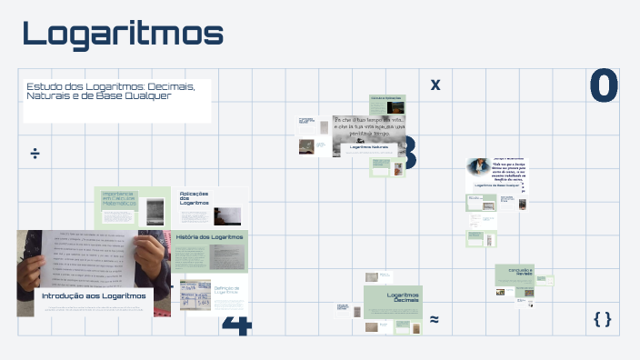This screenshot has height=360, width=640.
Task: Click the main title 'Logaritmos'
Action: [x=123, y=34]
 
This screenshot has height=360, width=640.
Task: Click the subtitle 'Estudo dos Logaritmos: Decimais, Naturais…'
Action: [x=110, y=91]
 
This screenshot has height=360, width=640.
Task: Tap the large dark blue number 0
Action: [x=604, y=86]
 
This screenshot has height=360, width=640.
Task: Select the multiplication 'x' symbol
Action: [x=435, y=85]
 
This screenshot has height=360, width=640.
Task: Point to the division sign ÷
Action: [x=35, y=153]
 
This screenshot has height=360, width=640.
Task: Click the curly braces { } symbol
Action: [x=602, y=318]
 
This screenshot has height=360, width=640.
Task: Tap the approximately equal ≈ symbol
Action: [x=435, y=320]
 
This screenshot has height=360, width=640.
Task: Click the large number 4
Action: [x=236, y=325]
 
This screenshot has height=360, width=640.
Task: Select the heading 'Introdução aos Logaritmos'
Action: [x=94, y=295]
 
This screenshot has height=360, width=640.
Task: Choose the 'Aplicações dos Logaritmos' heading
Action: [x=195, y=198]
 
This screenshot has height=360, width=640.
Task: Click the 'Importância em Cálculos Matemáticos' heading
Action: [x=119, y=198]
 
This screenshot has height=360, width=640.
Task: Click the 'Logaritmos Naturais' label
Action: [x=368, y=146]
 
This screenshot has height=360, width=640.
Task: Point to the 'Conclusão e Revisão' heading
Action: [x=514, y=271]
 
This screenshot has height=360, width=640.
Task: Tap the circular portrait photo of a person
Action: [x=477, y=167]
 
